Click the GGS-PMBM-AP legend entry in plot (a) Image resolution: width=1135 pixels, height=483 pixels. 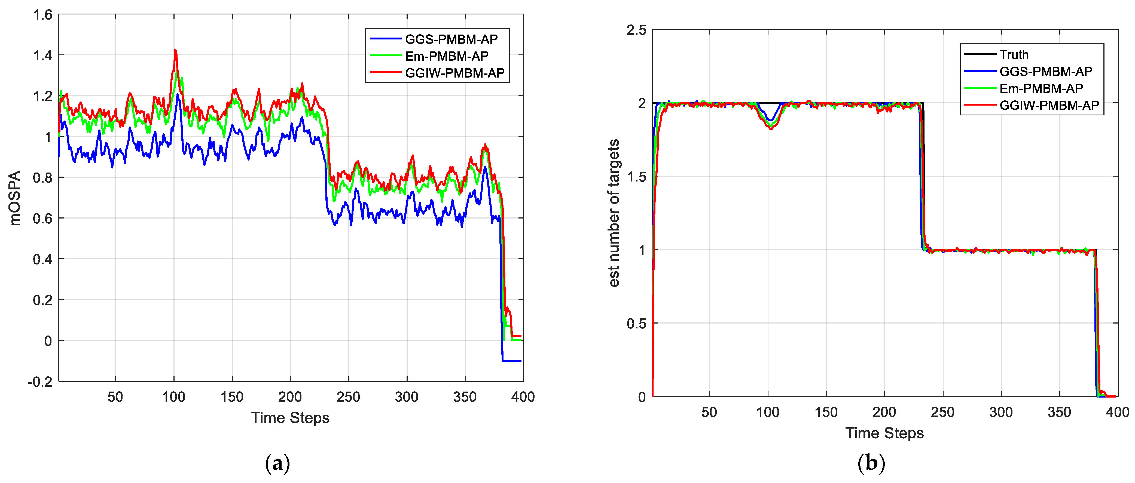(451, 39)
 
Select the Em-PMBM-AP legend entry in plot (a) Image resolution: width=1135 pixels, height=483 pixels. (446, 56)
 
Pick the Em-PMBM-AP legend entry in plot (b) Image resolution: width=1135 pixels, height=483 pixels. (1041, 88)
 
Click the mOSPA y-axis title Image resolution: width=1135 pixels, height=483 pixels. (15, 198)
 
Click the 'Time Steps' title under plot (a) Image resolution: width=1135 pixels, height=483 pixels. (290, 417)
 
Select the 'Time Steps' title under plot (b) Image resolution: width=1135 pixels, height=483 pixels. (884, 433)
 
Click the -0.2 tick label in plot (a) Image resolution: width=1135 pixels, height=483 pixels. (40, 381)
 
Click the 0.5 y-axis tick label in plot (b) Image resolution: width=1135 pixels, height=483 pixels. (636, 324)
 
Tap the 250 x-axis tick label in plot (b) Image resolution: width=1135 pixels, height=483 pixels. (942, 412)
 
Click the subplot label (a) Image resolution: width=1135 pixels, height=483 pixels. (277, 463)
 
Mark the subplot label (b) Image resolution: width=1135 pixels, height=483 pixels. (871, 463)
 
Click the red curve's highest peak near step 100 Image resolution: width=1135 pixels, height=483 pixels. (175, 50)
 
